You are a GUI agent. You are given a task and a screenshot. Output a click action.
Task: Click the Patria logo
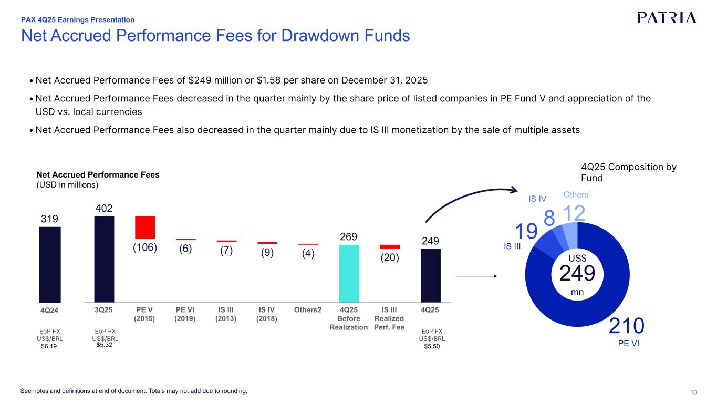pos(667,17)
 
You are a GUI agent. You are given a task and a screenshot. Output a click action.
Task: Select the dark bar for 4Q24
pos(50,264)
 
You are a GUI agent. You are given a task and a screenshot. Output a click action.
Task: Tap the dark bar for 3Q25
pos(104,259)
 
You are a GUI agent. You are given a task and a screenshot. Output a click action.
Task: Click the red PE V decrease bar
pos(145,228)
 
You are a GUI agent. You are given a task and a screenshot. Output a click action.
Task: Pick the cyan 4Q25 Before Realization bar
pos(349,273)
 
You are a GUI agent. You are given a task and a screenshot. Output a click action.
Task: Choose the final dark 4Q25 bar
pos(431,275)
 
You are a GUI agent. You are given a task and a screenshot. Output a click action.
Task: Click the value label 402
pos(104,209)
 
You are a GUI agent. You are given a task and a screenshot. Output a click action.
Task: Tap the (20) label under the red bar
pos(390,257)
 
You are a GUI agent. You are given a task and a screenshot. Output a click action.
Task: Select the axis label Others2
pos(308,309)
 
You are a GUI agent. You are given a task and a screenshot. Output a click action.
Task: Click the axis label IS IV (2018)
pos(267,314)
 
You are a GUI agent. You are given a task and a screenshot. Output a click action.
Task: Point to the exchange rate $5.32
pos(105,346)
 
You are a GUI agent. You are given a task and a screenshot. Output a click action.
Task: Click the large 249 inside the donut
pos(577,273)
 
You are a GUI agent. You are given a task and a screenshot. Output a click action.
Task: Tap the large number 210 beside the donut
pos(627,326)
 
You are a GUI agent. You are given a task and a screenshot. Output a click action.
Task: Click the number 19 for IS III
pos(526,231)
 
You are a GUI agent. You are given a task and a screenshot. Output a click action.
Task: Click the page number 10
pos(693,392)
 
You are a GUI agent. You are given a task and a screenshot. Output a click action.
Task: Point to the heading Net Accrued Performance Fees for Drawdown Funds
pos(215,36)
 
